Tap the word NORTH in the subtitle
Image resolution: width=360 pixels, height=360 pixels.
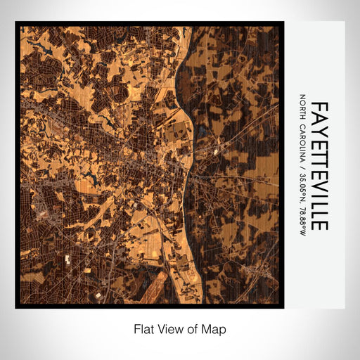tap(302, 107)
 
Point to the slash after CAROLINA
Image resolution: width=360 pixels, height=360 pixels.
tap(302, 167)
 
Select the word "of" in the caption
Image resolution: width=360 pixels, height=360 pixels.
tap(193, 329)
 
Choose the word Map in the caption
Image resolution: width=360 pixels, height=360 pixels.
tap(214, 329)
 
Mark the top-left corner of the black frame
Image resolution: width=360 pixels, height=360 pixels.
tap(16, 22)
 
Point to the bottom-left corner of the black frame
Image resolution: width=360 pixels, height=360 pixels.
tap(16, 307)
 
